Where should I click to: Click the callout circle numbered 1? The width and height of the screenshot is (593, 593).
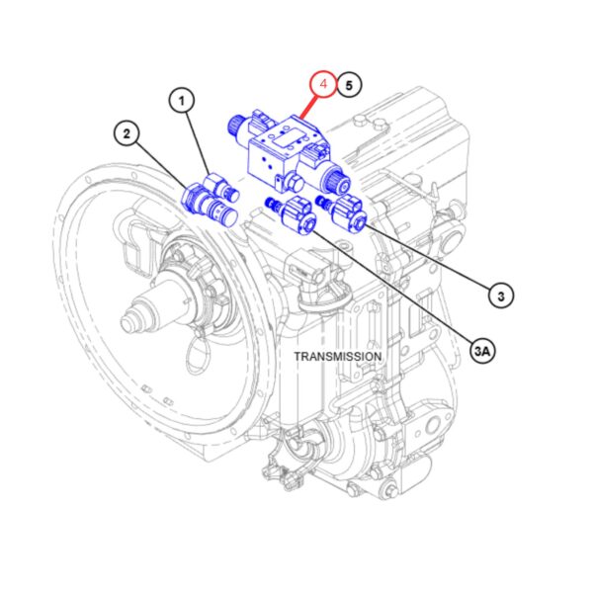pyautogui.click(x=182, y=101)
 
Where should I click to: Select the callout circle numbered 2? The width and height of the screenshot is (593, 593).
pyautogui.click(x=127, y=133)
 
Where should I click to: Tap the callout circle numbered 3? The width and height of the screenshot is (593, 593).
pyautogui.click(x=501, y=296)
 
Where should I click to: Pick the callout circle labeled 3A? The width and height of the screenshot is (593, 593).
pyautogui.click(x=482, y=351)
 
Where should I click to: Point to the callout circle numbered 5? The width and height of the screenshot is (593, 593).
pyautogui.click(x=349, y=85)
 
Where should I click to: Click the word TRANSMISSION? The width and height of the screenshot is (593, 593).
pyautogui.click(x=338, y=356)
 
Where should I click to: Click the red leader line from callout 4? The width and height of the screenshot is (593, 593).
pyautogui.click(x=308, y=107)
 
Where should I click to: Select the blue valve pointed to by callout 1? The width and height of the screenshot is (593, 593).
pyautogui.click(x=222, y=186)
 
